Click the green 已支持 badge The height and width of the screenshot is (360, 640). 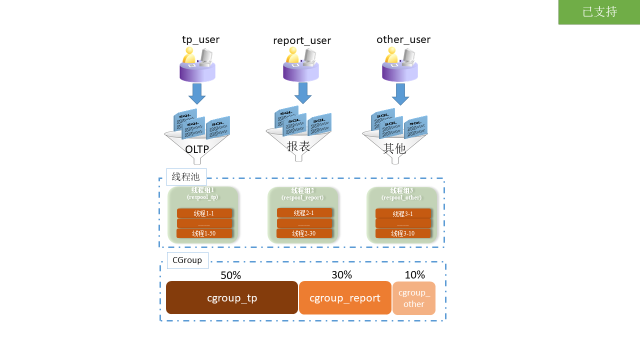(599, 12)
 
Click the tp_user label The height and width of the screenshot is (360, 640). (200, 39)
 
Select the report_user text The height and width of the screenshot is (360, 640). (302, 40)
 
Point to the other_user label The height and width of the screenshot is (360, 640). (403, 39)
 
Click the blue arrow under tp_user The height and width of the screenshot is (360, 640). (197, 93)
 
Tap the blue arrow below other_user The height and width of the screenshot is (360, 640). (400, 94)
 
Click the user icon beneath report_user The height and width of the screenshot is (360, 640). (301, 65)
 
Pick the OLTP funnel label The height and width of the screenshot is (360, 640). (197, 149)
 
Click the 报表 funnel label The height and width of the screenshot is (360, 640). (298, 146)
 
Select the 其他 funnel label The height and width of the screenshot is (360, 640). (394, 148)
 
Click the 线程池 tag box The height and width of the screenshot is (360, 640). (186, 177)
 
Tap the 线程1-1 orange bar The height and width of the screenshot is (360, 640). (204, 213)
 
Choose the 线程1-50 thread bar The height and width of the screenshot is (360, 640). (204, 233)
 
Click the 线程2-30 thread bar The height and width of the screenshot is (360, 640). (304, 233)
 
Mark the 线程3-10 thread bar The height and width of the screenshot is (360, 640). (403, 233)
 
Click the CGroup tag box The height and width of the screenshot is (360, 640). (187, 260)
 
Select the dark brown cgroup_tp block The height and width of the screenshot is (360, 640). (232, 298)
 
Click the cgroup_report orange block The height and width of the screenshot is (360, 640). (345, 298)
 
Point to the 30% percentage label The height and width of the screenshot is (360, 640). (341, 275)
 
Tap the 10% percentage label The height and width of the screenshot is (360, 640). (414, 275)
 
